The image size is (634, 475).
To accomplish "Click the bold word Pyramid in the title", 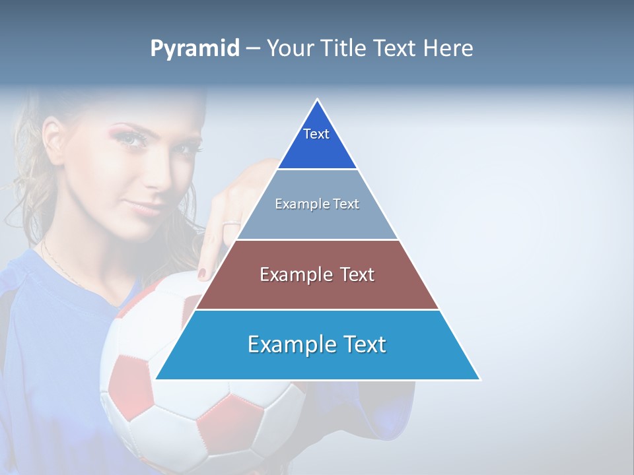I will coord(195,49).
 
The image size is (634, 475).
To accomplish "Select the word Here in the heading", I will coord(448,48).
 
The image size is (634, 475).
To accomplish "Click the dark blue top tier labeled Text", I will coord(317,142).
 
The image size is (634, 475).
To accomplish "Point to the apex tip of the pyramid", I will coord(318,100).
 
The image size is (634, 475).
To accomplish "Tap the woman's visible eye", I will coord(134,139).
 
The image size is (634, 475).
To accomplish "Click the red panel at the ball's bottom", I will coord(228,422).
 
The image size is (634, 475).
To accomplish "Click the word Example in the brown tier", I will coord(288,274).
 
